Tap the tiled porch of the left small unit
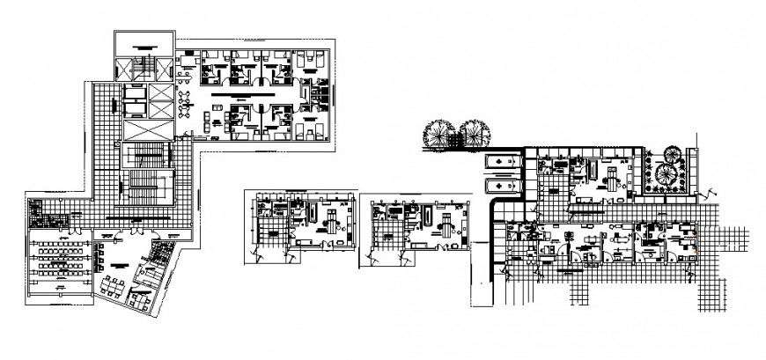[268, 235]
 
